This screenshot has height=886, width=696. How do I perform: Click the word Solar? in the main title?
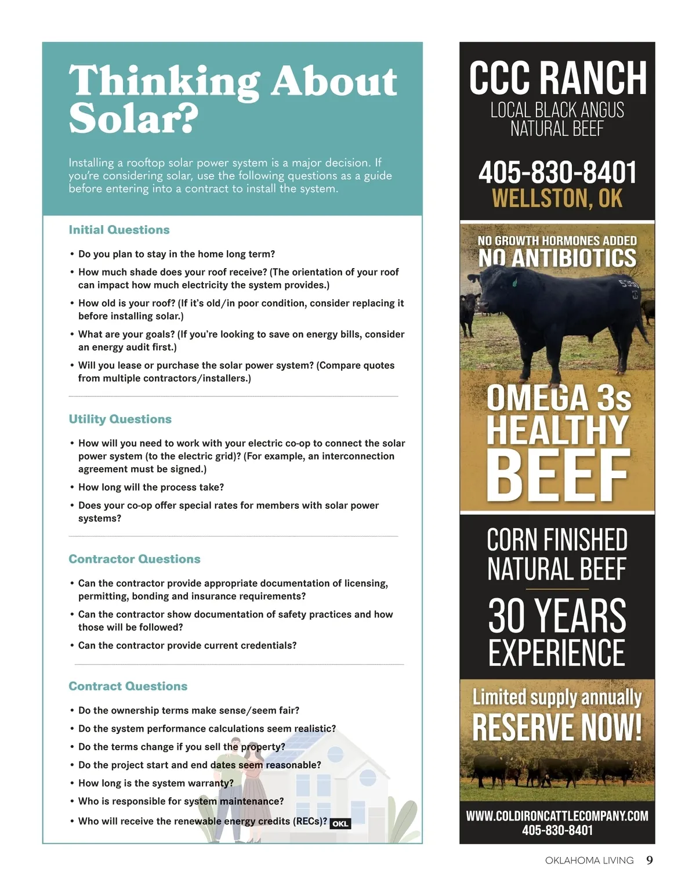pos(133,118)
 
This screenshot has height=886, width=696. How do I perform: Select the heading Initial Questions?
pos(119,230)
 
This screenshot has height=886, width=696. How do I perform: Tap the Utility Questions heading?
pos(120,419)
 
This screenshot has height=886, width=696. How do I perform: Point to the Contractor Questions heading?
pos(135,559)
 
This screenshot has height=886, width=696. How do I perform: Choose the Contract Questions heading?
pos(128,686)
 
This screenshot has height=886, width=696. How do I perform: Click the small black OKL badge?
pos(340,823)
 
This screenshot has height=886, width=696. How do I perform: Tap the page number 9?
pos(650,860)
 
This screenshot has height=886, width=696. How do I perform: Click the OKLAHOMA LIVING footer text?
pos(589,860)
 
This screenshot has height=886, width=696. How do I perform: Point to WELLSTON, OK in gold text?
pos(557,198)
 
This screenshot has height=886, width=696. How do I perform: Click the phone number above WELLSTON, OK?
pos(557,172)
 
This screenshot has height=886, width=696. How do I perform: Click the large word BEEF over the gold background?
pos(557,476)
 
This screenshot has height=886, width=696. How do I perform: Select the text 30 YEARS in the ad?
pos(557,615)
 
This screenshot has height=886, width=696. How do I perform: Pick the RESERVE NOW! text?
pos(557,727)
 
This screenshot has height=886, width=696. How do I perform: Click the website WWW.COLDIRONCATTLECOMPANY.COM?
pos(557,815)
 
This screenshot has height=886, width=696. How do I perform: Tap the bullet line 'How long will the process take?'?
pos(151,487)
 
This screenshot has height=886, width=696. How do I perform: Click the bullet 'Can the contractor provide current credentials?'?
pos(187,645)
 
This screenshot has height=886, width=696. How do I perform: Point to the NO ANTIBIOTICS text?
pos(557,258)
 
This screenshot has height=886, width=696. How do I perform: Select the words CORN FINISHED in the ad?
pos(557,540)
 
